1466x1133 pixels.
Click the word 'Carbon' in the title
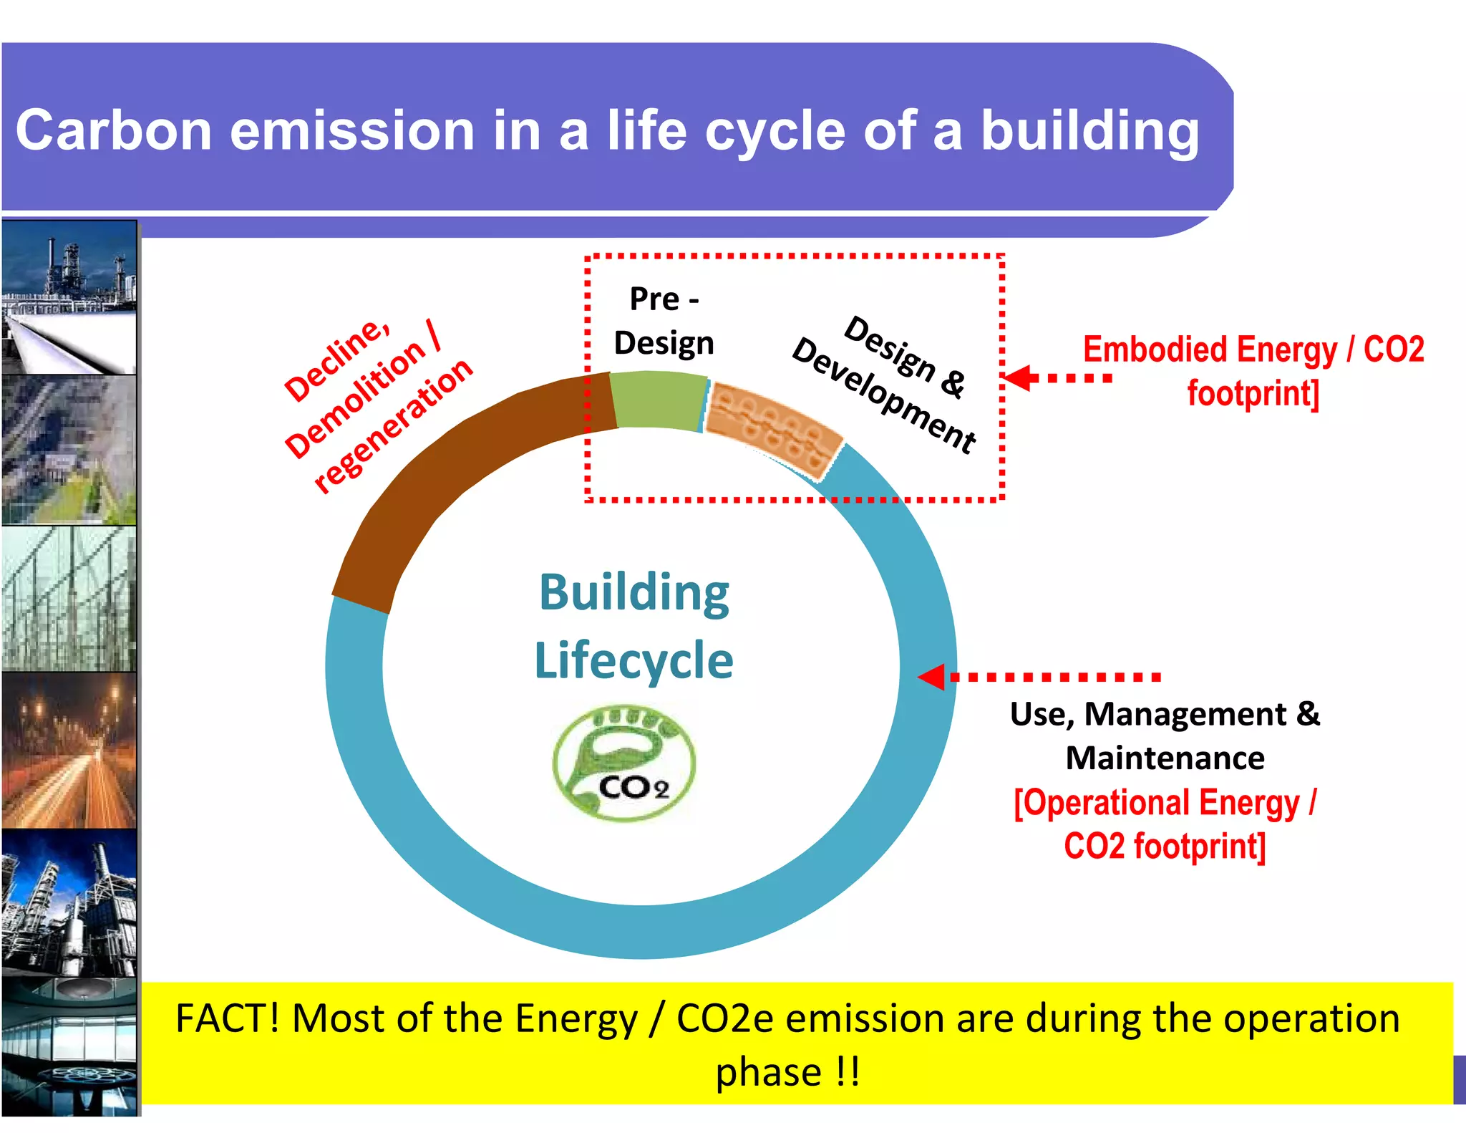click(114, 131)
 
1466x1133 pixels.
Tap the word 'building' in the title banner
click(1089, 131)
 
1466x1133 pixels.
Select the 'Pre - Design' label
click(664, 321)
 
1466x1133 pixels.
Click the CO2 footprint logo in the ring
click(623, 763)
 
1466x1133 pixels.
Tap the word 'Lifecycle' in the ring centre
click(634, 660)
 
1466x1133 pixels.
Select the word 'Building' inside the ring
click(634, 593)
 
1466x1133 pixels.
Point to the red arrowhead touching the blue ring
click(932, 677)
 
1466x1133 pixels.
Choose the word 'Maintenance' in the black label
click(1165, 758)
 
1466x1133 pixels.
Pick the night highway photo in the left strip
click(69, 751)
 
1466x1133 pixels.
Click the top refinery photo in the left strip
click(69, 297)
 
